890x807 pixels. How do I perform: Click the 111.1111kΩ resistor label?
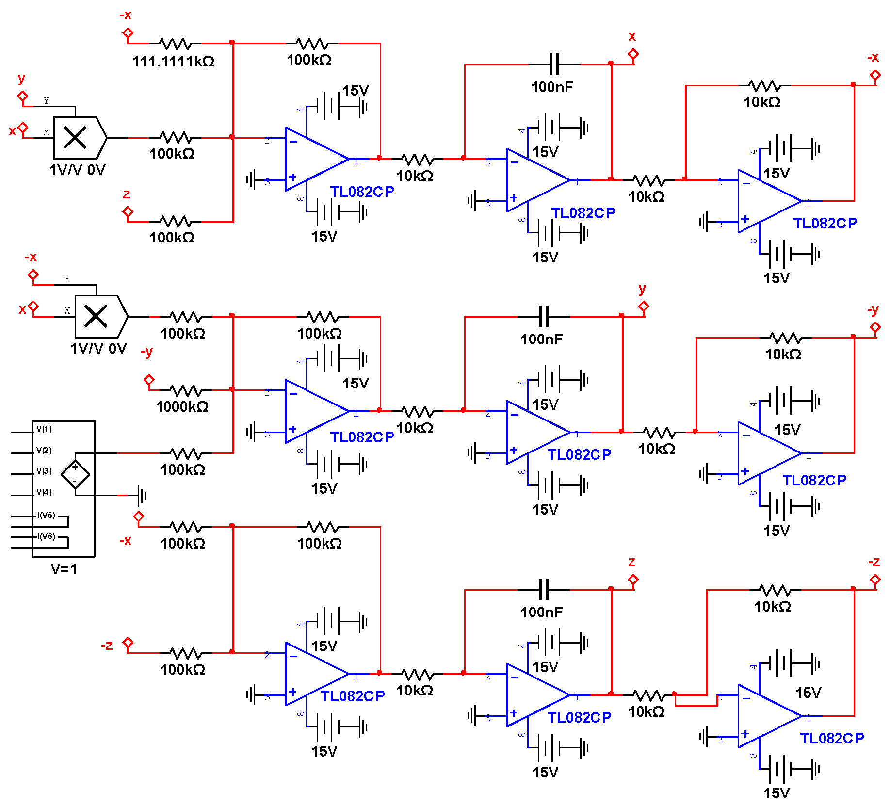pyautogui.click(x=173, y=62)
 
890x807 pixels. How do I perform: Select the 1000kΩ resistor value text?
pyautogui.click(x=182, y=407)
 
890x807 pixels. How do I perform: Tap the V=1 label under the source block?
pyautogui.click(x=64, y=569)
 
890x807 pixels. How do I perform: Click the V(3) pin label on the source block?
pyautogui.click(x=44, y=471)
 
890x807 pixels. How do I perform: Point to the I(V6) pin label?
pyautogui.click(x=47, y=536)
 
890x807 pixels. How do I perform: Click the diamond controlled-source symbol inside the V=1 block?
pyautogui.click(x=75, y=474)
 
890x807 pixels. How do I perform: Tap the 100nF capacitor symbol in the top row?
pyautogui.click(x=554, y=64)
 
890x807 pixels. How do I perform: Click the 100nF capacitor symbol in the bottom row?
pyautogui.click(x=544, y=589)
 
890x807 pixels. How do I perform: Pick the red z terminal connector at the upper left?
pyautogui.click(x=128, y=212)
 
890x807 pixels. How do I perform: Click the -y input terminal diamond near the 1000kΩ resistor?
pyautogui.click(x=149, y=379)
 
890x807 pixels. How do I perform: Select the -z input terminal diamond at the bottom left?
pyautogui.click(x=128, y=643)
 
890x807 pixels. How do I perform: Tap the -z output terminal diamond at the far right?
pyautogui.click(x=875, y=579)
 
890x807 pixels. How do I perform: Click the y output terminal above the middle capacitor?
pyautogui.click(x=644, y=307)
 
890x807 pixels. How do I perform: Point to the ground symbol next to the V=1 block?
pyautogui.click(x=141, y=495)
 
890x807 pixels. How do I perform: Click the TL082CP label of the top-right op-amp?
pyautogui.click(x=825, y=224)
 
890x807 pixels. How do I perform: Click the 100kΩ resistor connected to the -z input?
pyautogui.click(x=186, y=653)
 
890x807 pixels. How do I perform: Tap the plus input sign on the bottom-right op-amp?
pyautogui.click(x=745, y=734)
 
